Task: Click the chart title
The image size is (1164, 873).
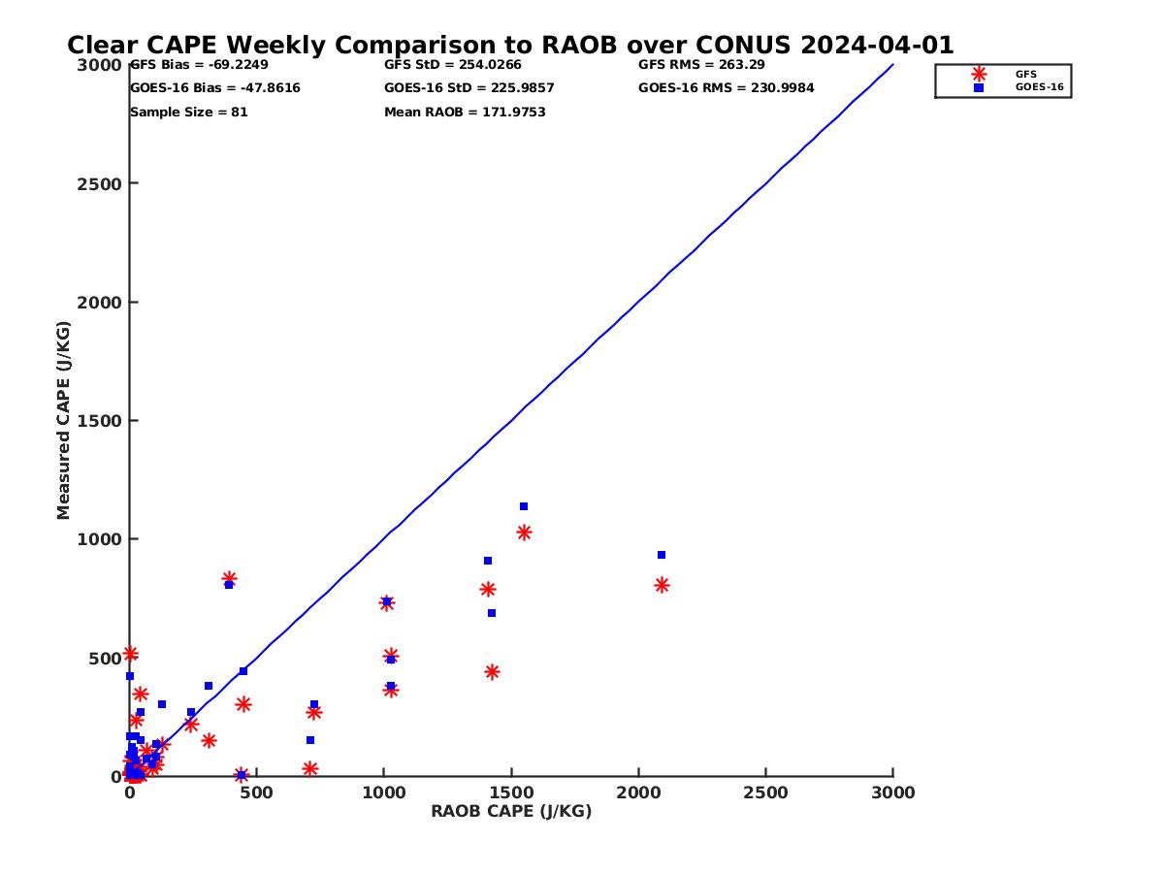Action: click(x=510, y=46)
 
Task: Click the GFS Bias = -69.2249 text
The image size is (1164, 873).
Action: click(x=199, y=65)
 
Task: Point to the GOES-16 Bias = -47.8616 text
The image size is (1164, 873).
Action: click(x=214, y=88)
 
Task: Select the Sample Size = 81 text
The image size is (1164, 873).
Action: click(x=188, y=113)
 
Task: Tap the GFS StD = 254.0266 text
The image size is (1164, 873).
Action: click(x=452, y=65)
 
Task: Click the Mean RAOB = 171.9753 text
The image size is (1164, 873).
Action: click(x=465, y=113)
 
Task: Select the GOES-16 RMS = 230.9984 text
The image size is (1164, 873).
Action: click(x=726, y=88)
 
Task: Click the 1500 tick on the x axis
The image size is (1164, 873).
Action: click(x=511, y=793)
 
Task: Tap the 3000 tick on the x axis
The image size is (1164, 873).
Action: click(x=893, y=793)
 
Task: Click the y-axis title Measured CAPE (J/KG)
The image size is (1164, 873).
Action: click(x=64, y=420)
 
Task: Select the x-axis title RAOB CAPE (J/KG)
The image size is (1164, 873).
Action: click(x=511, y=812)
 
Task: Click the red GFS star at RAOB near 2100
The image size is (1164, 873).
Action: click(x=662, y=585)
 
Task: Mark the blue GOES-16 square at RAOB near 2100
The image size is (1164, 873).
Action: click(x=662, y=555)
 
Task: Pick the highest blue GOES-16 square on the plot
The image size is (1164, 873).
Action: click(x=524, y=506)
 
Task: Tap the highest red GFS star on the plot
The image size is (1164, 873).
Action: click(x=524, y=533)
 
